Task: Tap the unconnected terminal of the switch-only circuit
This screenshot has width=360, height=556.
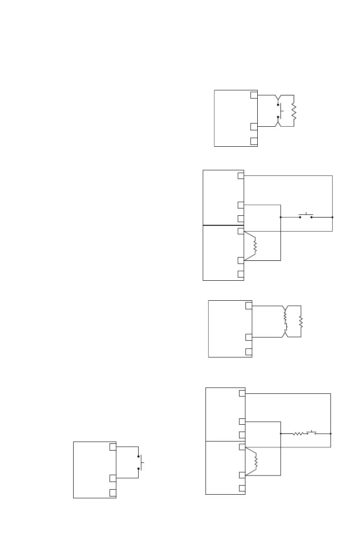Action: click(112, 493)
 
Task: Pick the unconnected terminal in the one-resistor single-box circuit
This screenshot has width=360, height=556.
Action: click(254, 140)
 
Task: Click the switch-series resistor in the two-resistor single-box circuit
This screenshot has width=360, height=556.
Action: click(285, 314)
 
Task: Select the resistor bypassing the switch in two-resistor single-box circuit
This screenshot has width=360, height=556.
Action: click(301, 323)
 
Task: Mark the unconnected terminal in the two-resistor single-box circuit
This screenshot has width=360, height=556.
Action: click(248, 352)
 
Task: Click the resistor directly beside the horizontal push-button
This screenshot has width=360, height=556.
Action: click(298, 434)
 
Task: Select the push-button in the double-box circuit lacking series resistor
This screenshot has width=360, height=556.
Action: click(306, 216)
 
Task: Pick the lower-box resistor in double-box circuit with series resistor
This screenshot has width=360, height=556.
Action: click(256, 462)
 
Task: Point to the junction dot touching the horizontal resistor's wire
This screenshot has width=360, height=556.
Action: click(281, 434)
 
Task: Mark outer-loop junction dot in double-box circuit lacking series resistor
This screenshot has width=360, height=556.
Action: click(333, 217)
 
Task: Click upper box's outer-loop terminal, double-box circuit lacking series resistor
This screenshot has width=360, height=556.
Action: click(241, 175)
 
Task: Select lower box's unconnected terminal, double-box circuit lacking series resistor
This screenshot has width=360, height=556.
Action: click(241, 274)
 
